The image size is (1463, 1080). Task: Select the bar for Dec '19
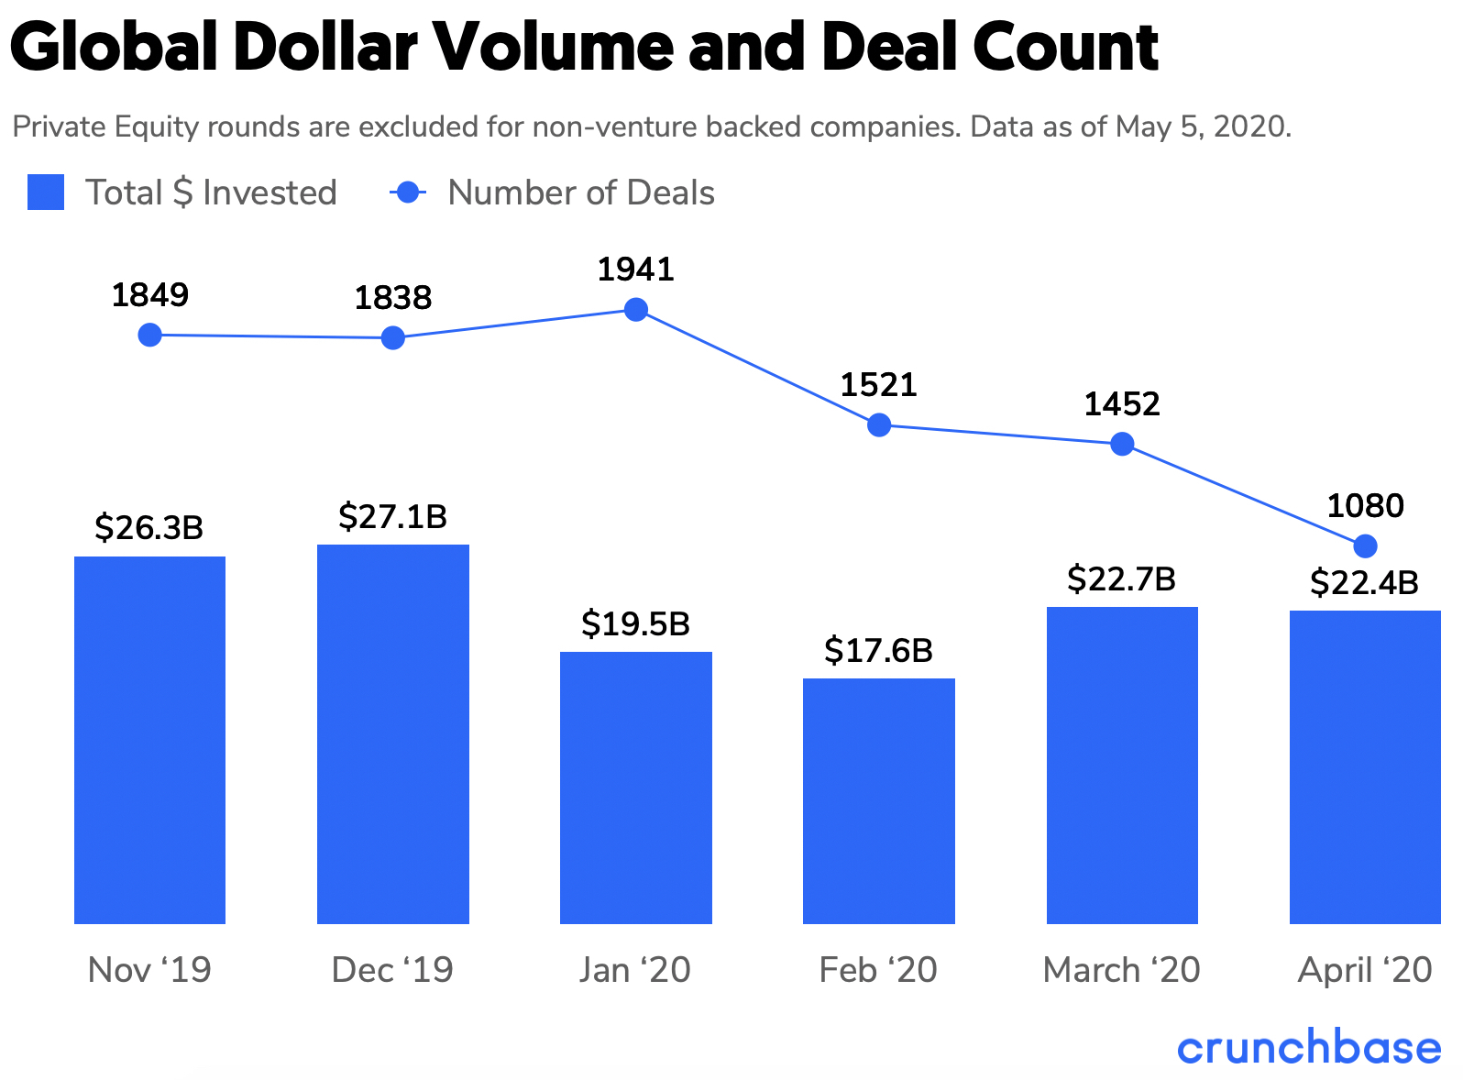pos(392,733)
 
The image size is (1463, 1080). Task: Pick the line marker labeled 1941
pos(636,310)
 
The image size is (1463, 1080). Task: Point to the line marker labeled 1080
pos(1365,546)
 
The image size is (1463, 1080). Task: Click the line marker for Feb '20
pos(879,425)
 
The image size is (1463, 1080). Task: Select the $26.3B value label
pos(149,528)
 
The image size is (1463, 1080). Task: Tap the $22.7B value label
pos(1121,579)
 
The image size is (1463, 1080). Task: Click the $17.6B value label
pos(878,651)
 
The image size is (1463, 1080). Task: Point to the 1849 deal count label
pos(149,295)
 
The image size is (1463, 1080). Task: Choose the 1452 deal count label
pos(1122,404)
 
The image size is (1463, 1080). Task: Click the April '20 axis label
pos(1364,970)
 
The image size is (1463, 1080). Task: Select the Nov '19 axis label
pos(149,970)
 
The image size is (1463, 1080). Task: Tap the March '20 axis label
pos(1121,970)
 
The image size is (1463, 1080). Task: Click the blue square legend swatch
pos(46,193)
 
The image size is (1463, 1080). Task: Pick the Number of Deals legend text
pos(581,193)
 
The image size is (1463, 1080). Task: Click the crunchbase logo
pos(1309,1048)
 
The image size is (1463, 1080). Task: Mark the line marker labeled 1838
pos(392,338)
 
